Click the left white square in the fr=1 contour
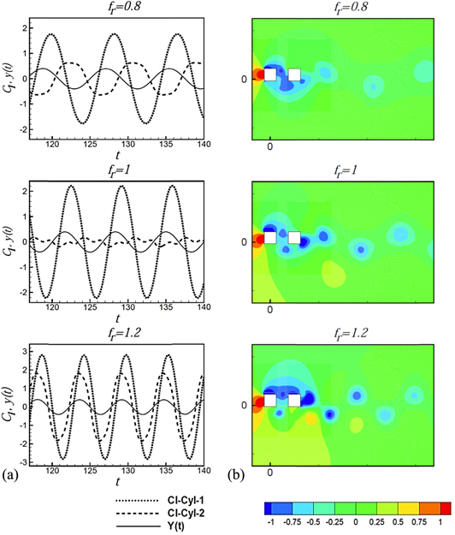[x=270, y=237]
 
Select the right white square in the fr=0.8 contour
[x=295, y=74]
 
